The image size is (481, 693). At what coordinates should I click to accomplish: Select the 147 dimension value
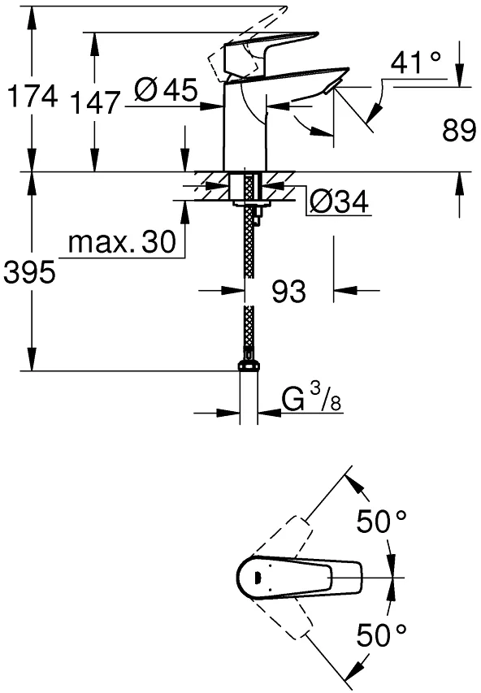tap(95, 103)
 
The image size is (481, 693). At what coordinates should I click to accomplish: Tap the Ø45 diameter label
tap(166, 91)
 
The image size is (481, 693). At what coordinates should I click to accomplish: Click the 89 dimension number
tap(459, 131)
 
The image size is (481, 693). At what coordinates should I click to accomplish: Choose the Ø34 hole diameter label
tap(339, 202)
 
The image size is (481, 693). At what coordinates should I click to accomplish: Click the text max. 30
tap(122, 242)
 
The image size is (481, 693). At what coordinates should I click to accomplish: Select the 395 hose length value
tap(29, 272)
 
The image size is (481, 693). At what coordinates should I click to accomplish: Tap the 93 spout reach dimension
tap(288, 291)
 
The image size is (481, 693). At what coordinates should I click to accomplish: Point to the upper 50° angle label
tap(381, 521)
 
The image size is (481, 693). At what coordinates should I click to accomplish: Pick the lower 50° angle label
tap(381, 635)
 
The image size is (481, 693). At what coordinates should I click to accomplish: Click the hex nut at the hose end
tap(249, 365)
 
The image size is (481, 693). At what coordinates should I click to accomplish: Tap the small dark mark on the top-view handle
tap(257, 577)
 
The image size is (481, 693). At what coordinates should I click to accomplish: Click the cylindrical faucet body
tap(245, 126)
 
